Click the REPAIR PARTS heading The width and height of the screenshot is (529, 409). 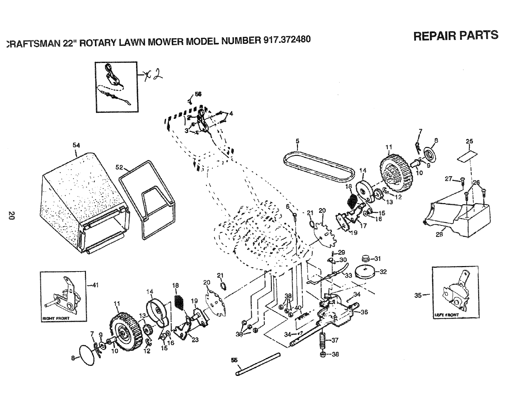456,35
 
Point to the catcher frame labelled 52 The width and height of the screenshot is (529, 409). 147,197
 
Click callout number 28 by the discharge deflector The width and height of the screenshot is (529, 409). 439,235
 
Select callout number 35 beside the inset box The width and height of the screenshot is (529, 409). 418,295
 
